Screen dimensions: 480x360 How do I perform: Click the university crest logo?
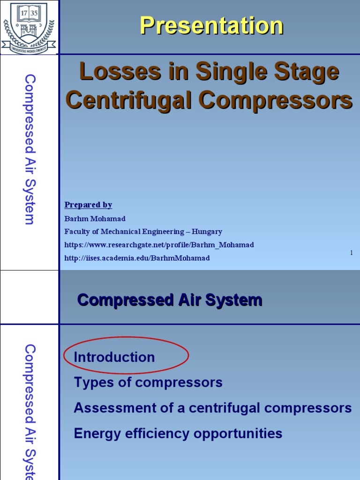[x=29, y=27]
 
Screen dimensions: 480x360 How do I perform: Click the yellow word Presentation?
[x=211, y=26]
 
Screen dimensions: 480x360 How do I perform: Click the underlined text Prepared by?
[x=88, y=205]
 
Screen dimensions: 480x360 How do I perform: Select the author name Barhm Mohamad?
[x=95, y=218]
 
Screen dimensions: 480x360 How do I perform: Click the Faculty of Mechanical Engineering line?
[x=143, y=232]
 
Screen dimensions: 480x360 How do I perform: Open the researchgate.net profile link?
[x=159, y=245]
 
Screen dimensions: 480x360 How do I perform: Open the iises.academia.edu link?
[x=137, y=258]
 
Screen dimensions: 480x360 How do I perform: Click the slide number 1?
[x=351, y=253]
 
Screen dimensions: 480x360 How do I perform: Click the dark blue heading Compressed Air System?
[x=169, y=300]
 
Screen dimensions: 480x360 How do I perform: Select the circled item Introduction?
[x=114, y=357]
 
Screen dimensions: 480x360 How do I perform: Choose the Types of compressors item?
[x=148, y=382]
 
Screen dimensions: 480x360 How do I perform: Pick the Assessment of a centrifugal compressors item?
[x=212, y=408]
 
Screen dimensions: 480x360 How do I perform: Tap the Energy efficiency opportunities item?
[x=178, y=434]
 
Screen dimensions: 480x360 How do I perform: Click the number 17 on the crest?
[x=22, y=13]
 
